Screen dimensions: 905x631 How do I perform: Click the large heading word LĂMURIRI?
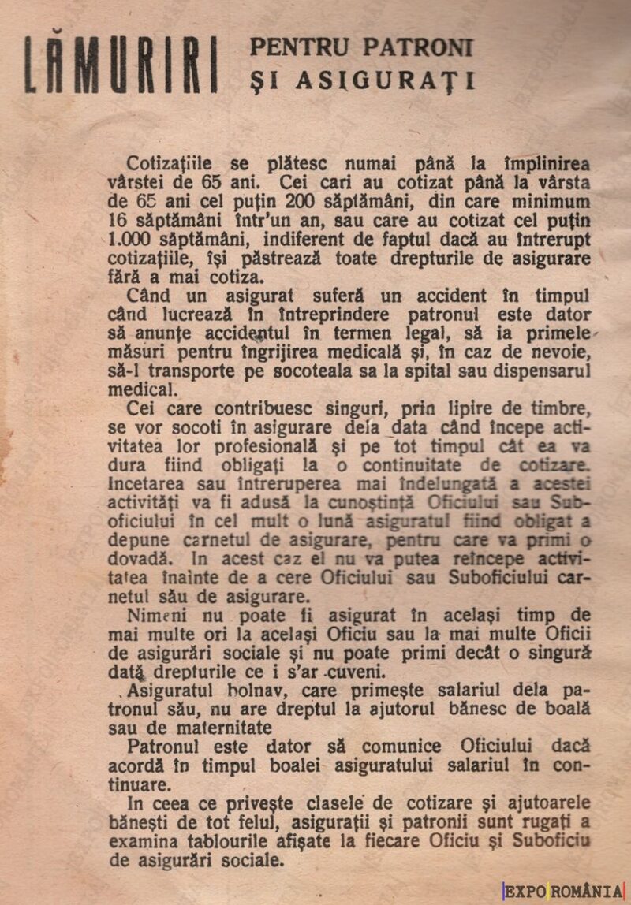[121, 65]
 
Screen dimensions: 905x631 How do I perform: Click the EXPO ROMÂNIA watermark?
[563, 892]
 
